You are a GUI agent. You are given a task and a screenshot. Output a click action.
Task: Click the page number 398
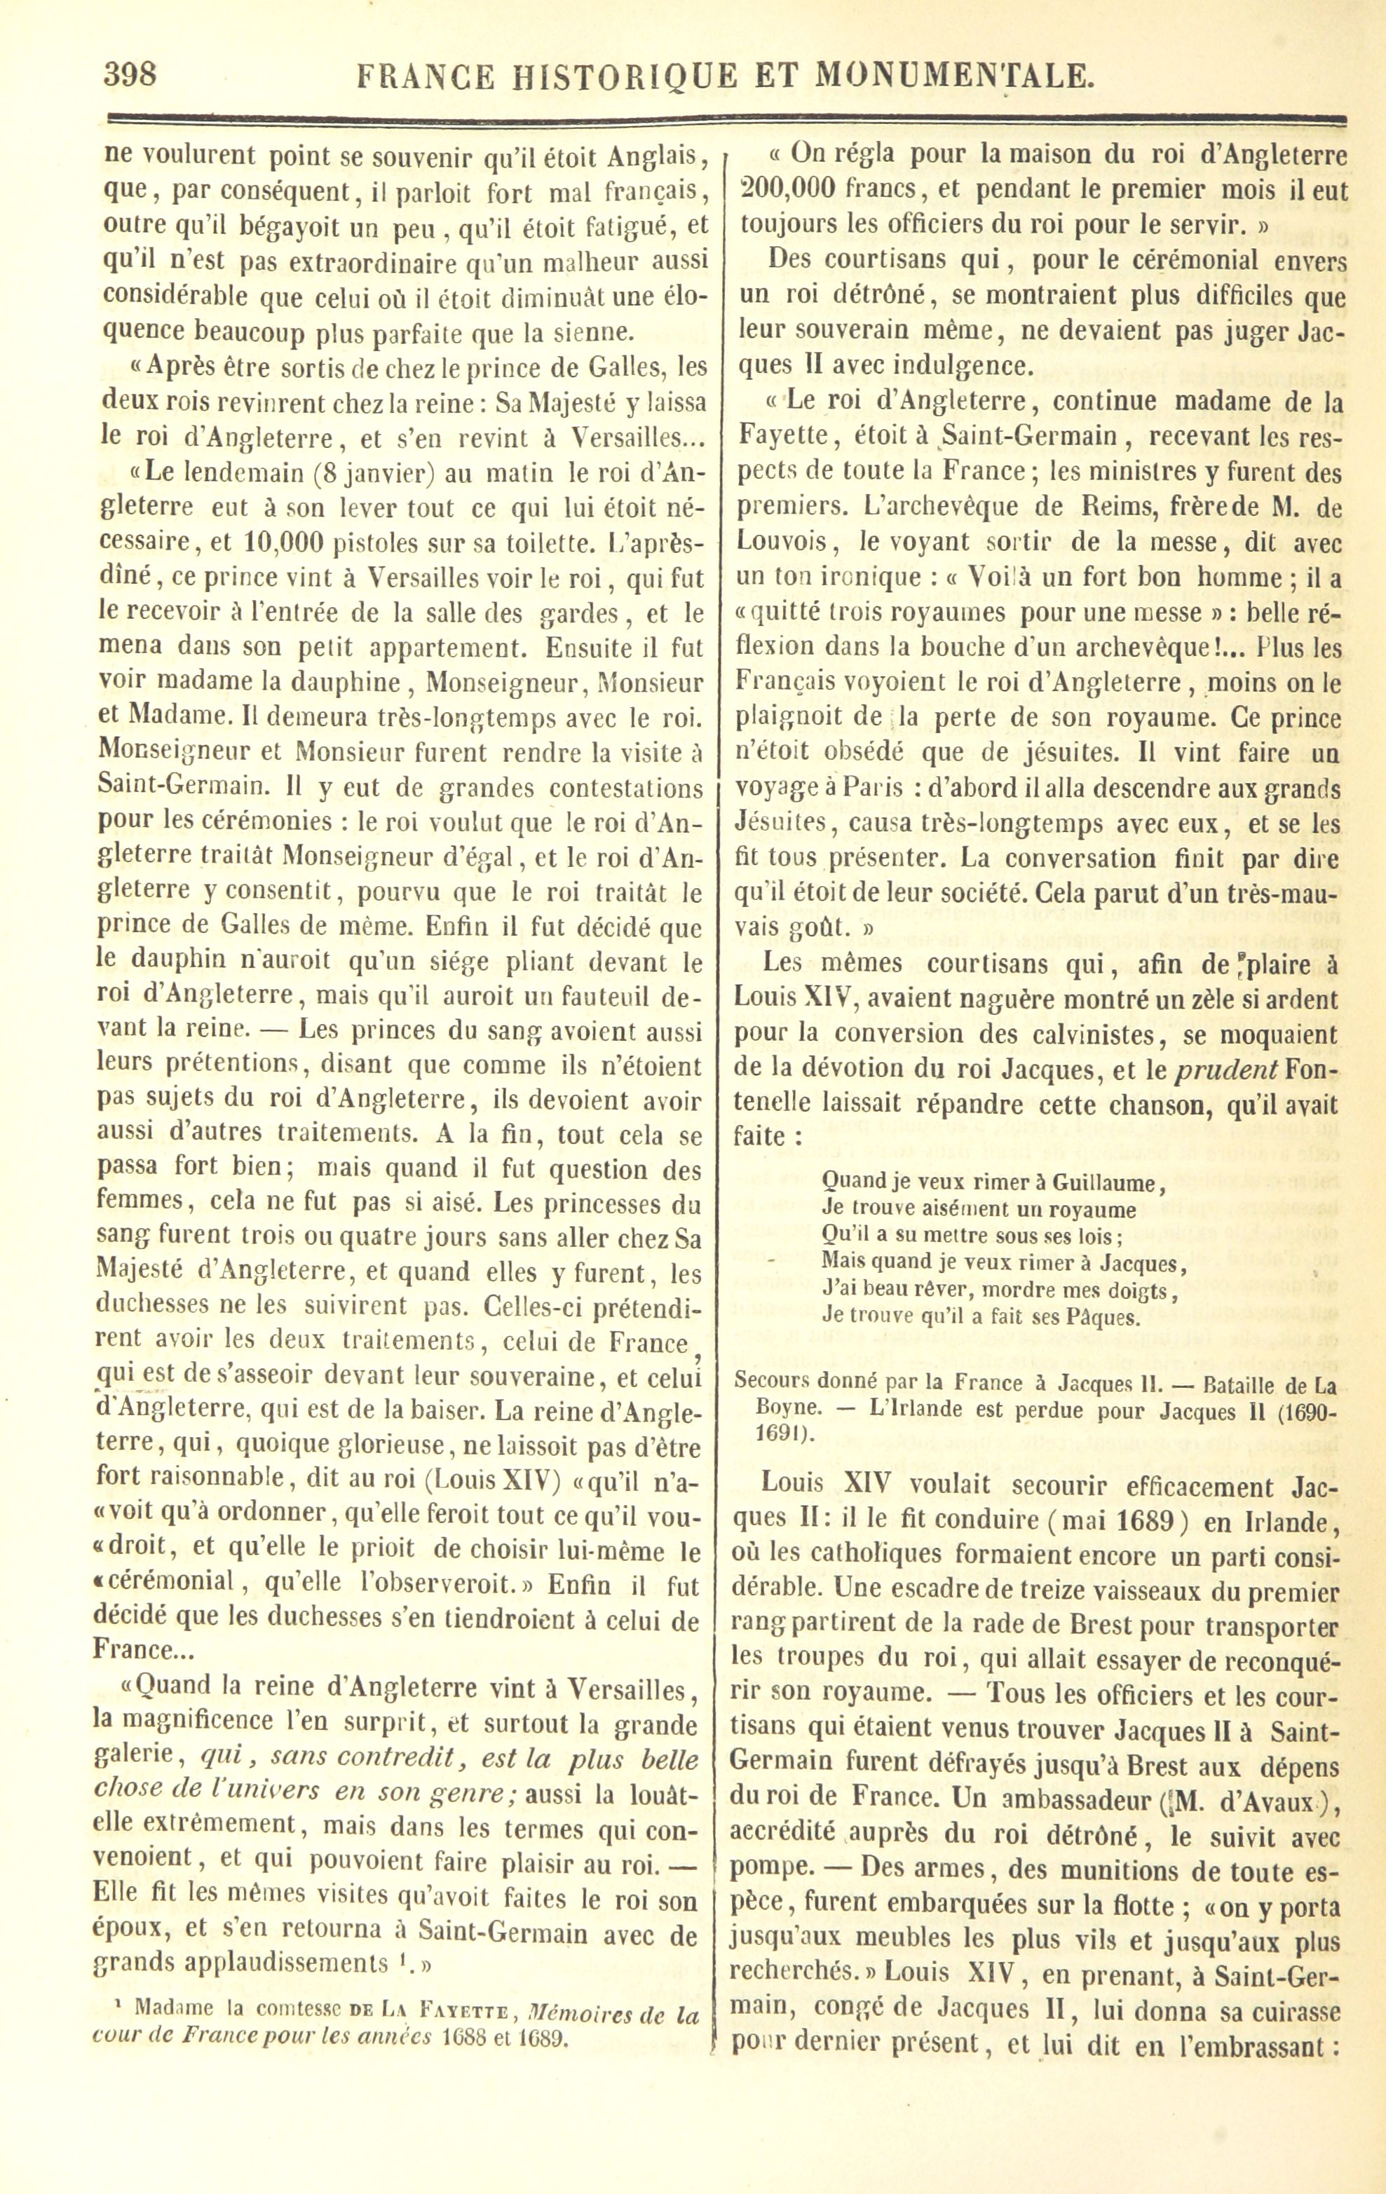tap(130, 73)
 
